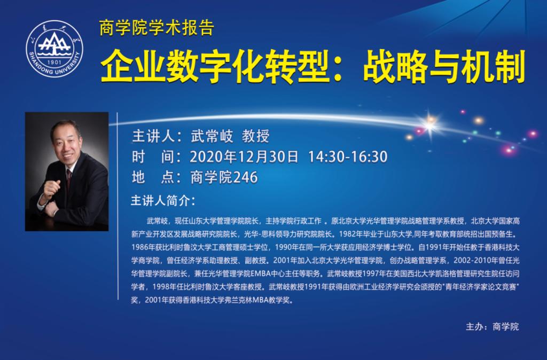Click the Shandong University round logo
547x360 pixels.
pyautogui.click(x=54, y=48)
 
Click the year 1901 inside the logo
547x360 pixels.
pyautogui.click(x=54, y=62)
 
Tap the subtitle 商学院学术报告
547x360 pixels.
pyautogui.click(x=157, y=28)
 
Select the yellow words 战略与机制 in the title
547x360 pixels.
pyautogui.click(x=444, y=66)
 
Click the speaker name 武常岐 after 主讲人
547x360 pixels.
pyautogui.click(x=212, y=136)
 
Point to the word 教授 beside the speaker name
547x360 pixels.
pyautogui.click(x=256, y=136)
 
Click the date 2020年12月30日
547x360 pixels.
pyautogui.click(x=244, y=156)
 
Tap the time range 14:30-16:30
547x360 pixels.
pyautogui.click(x=348, y=156)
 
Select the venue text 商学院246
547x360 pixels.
pyautogui.click(x=224, y=177)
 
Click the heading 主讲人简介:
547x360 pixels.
pyautogui.click(x=163, y=201)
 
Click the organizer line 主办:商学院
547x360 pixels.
pyautogui.click(x=492, y=326)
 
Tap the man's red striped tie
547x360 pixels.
pyautogui.click(x=69, y=178)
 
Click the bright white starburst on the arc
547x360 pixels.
pyautogui.click(x=430, y=124)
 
